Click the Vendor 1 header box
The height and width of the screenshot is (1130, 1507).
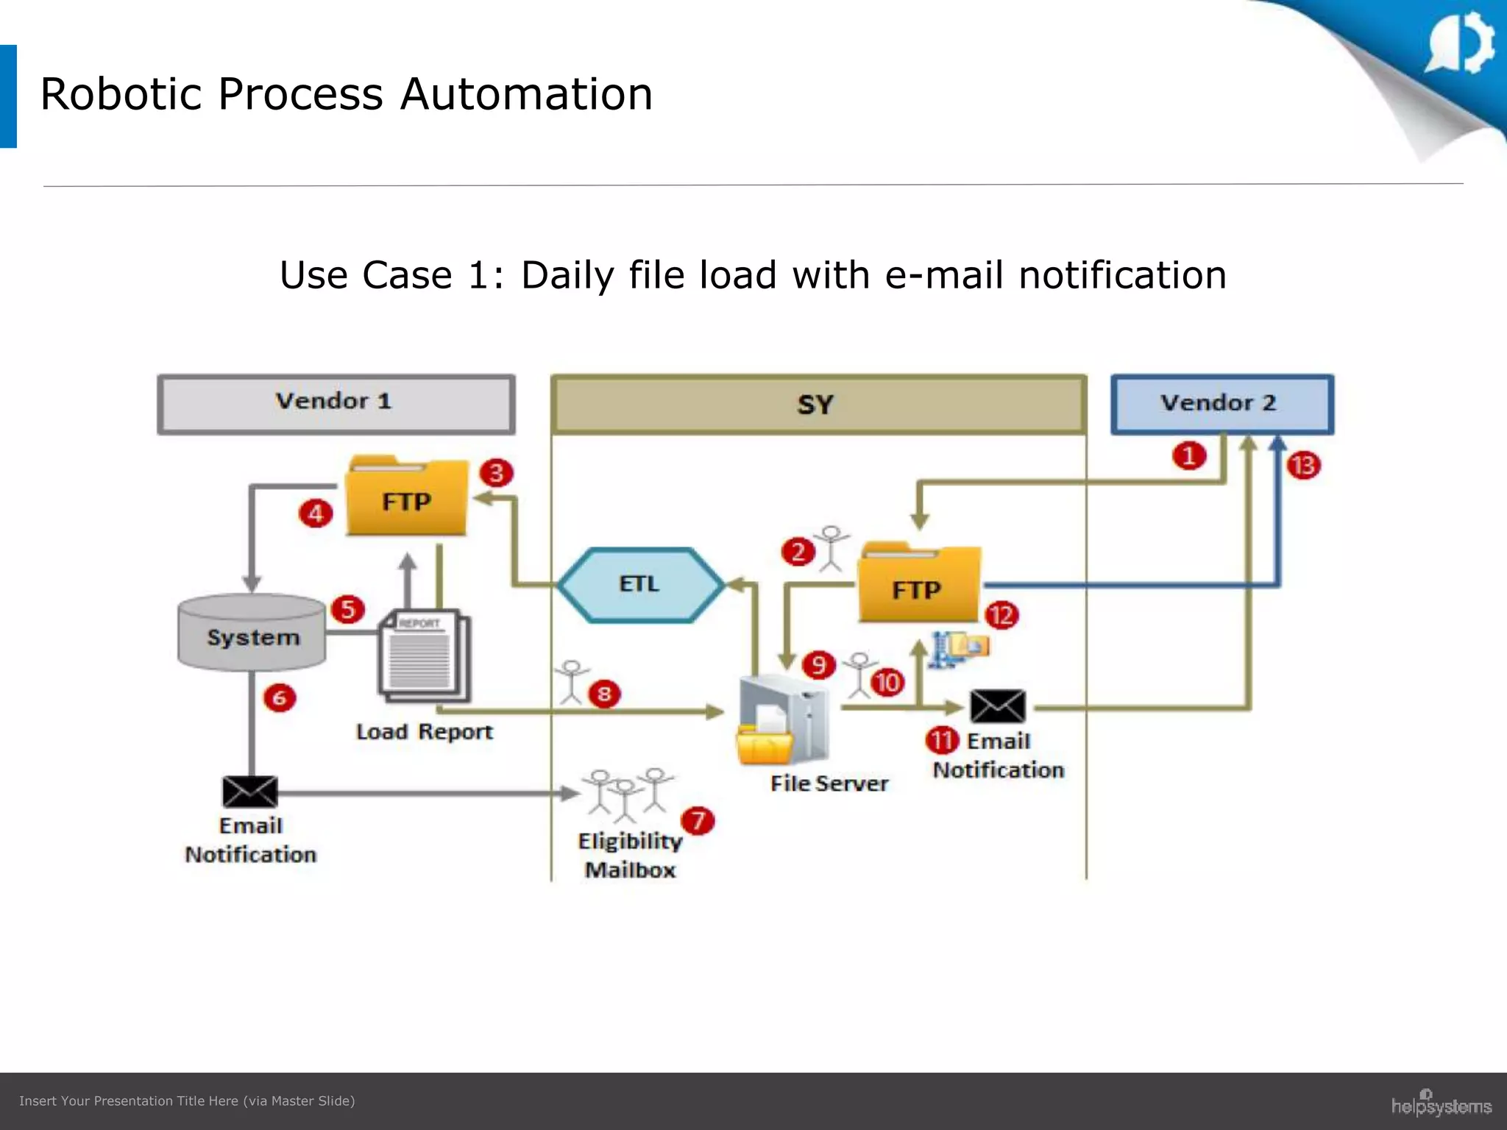point(336,404)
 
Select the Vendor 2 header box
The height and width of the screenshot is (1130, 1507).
point(1221,404)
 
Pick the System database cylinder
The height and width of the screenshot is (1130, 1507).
point(252,633)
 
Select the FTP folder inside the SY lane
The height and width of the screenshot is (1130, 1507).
point(919,586)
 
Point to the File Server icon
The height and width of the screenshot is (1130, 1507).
point(783,722)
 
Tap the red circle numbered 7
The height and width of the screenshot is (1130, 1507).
point(698,821)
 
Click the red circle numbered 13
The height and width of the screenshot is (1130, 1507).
point(1304,466)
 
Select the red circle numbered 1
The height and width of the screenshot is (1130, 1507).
point(1189,455)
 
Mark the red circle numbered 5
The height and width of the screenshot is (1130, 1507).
point(348,609)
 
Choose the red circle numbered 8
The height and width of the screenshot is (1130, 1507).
point(604,694)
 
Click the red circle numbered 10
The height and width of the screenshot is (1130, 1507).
point(887,683)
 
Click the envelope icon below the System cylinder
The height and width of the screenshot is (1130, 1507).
point(250,792)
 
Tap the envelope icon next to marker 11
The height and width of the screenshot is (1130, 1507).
point(997,706)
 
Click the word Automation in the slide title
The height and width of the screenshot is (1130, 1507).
point(526,94)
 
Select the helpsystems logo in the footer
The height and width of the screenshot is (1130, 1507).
point(1440,1104)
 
